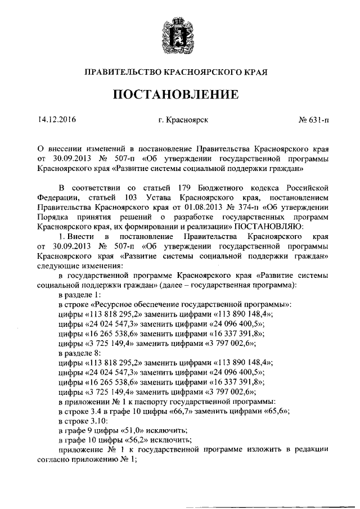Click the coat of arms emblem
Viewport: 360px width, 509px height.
179,35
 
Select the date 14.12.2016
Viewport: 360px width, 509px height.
57,120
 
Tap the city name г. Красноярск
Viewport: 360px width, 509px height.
183,120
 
